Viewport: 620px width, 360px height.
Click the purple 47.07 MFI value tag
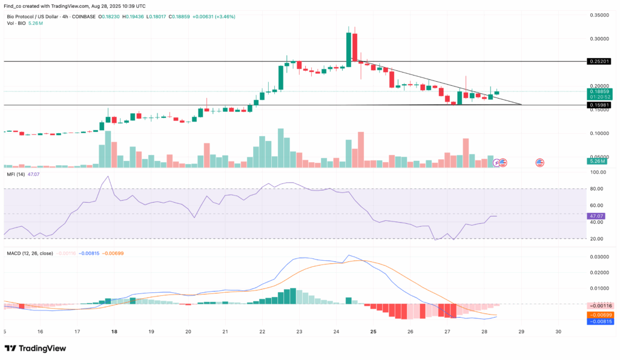pyautogui.click(x=596, y=215)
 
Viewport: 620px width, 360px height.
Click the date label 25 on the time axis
pyautogui.click(x=374, y=332)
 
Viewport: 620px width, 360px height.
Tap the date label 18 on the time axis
pyautogui.click(x=114, y=332)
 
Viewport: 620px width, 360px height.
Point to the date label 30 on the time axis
pyautogui.click(x=559, y=332)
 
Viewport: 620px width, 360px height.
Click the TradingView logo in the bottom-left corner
pyautogui.click(x=34, y=349)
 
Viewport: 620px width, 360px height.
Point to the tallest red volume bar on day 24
pyautogui.click(x=360, y=149)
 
